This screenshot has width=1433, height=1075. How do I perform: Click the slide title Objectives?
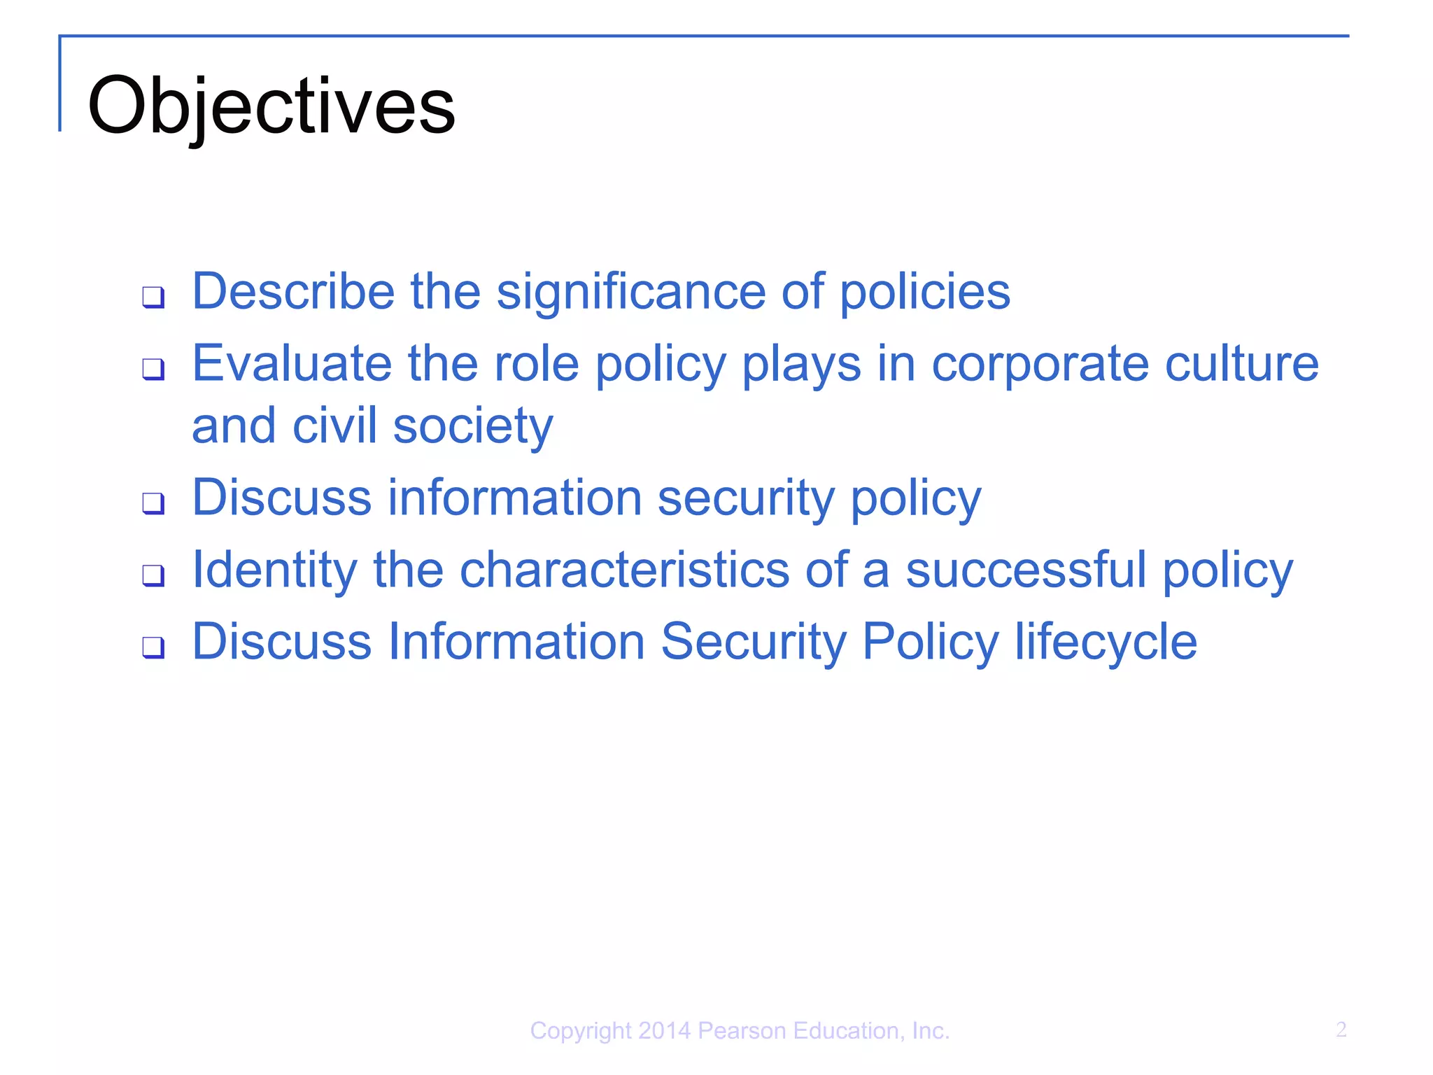[271, 106]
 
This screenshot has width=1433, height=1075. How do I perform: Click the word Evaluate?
[292, 364]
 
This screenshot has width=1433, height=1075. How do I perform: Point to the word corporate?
[1040, 364]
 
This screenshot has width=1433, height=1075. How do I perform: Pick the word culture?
[1242, 364]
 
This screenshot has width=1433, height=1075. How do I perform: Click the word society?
[473, 426]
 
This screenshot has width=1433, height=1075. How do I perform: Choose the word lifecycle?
[1106, 642]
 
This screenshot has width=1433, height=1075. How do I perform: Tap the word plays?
[801, 364]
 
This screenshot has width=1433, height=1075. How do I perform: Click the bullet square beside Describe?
[153, 297]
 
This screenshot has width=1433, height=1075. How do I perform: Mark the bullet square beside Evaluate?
[153, 369]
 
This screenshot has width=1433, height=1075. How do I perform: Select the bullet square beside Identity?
[153, 575]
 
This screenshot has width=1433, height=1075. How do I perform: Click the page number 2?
[1341, 1030]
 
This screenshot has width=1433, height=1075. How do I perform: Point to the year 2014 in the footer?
[665, 1031]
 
